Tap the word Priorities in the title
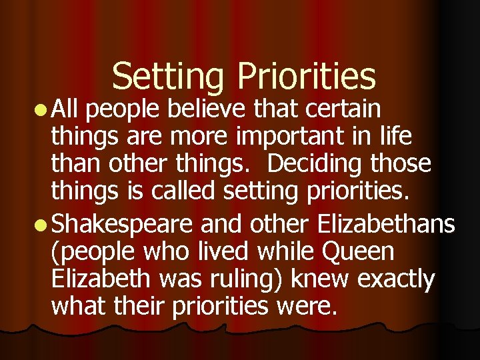coord(307,77)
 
